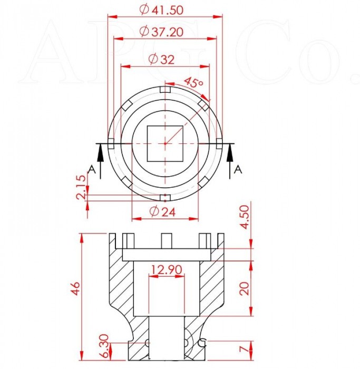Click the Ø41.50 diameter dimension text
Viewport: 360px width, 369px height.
[161, 9]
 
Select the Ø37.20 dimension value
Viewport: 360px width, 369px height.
[161, 32]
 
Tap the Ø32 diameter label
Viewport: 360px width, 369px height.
[162, 59]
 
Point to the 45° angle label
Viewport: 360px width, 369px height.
[193, 82]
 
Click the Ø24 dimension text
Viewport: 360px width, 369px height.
[162, 211]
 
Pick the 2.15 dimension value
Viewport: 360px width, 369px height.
[81, 187]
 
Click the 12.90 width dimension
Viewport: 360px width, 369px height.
[167, 269]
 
